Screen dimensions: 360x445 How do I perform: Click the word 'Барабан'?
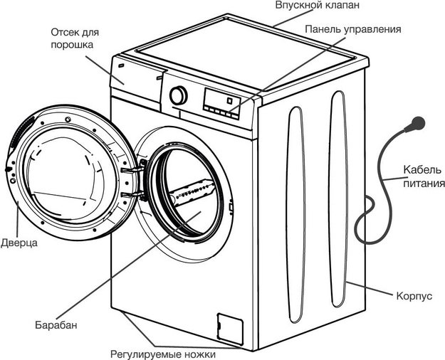(55, 325)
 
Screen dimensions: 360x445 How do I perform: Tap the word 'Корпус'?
(417, 295)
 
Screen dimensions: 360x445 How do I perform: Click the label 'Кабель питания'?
(422, 176)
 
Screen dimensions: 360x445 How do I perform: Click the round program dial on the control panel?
(179, 95)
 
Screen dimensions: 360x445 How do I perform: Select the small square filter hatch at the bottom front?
(226, 324)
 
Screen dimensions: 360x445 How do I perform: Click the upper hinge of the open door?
(132, 170)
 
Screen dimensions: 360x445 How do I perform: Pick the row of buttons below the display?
(221, 112)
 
